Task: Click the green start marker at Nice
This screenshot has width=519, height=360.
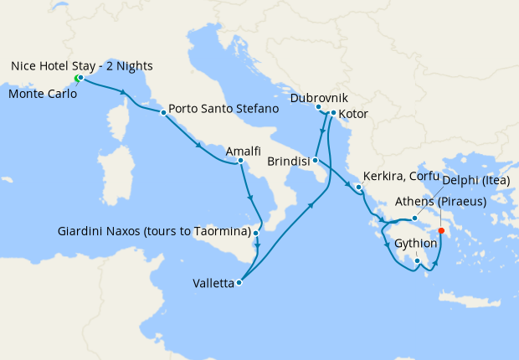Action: coord(77,79)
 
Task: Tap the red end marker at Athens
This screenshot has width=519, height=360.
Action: coord(441,232)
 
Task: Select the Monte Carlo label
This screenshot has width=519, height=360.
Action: coord(42,94)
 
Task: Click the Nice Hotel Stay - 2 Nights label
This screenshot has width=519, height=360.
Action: coord(82,65)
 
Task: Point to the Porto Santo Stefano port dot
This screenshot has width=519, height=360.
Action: coord(162,111)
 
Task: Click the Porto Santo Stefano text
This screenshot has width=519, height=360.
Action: coord(223,109)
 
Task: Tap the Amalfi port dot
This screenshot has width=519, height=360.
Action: coord(240,160)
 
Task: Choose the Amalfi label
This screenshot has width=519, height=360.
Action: coord(240,149)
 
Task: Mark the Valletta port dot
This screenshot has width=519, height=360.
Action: coord(239,282)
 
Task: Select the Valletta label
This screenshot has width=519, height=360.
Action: coord(213,283)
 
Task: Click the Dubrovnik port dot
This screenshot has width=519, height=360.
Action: coord(318,107)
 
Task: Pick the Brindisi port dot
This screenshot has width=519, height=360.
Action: coord(315,159)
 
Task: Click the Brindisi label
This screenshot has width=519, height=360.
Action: coord(288,160)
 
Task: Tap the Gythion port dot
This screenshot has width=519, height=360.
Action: coord(417,260)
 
